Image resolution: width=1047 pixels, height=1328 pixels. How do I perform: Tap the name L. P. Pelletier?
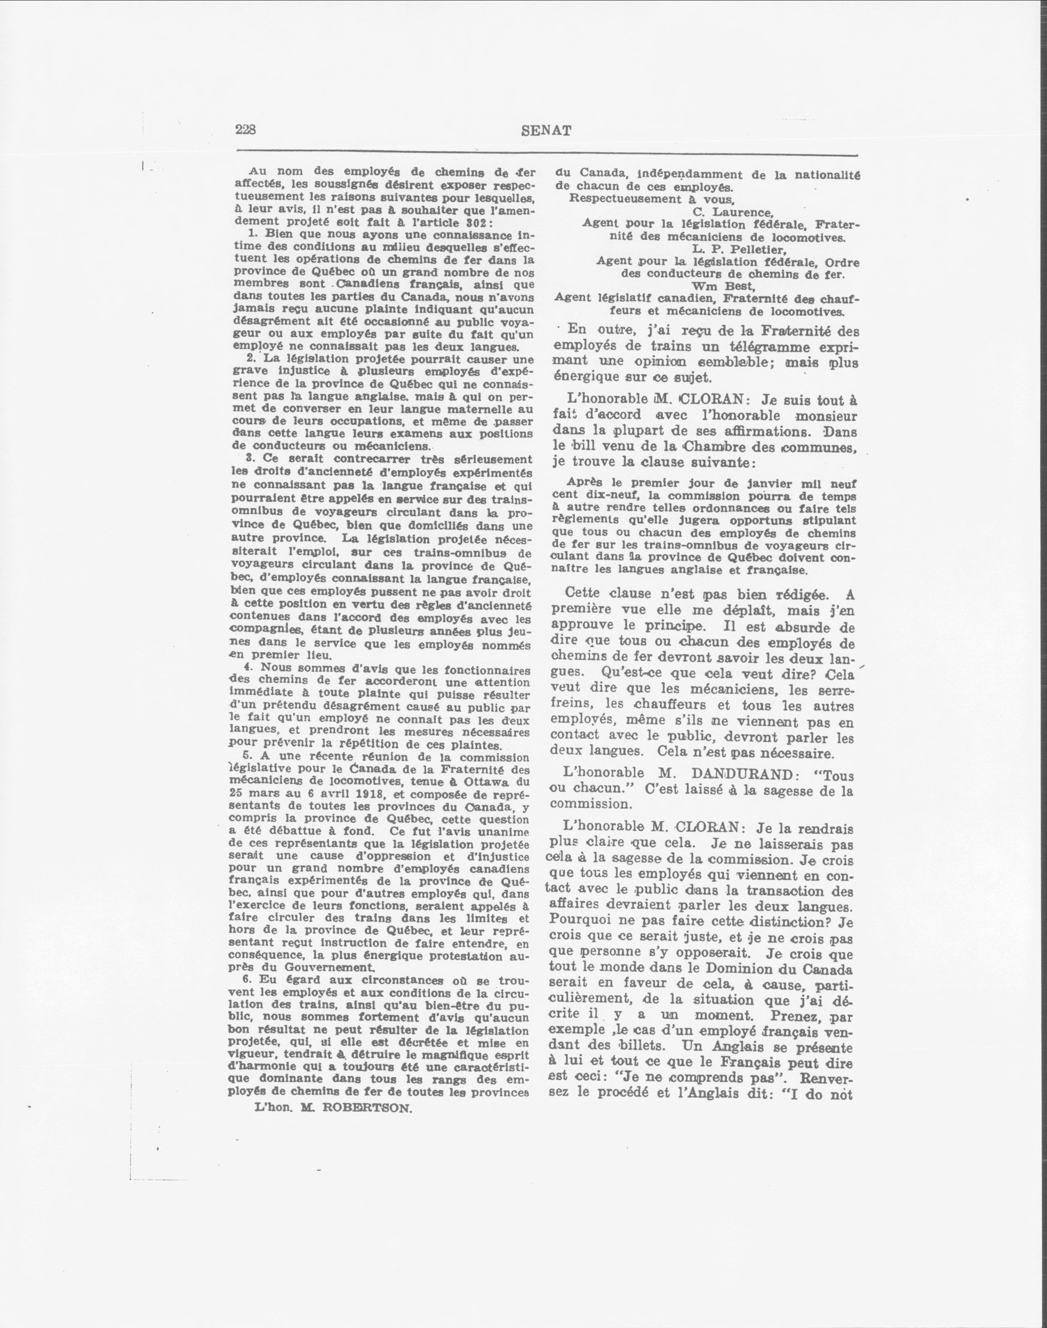pos(739,250)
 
